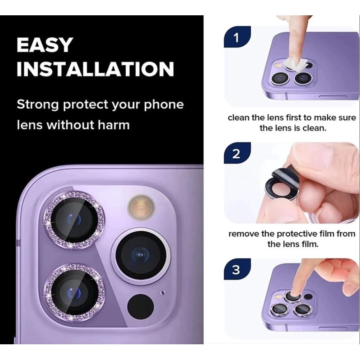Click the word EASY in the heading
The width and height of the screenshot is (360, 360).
pos(45,45)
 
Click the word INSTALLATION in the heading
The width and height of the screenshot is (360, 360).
pos(95,69)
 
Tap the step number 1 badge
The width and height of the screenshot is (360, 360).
pos(237,38)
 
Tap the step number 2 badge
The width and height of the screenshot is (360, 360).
pos(237,154)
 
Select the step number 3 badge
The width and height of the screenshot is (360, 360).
pos(237,270)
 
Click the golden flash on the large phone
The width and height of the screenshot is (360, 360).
pos(141,206)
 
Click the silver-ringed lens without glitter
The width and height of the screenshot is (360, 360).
pos(141,254)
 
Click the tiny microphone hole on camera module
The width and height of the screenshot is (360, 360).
pos(163,293)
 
